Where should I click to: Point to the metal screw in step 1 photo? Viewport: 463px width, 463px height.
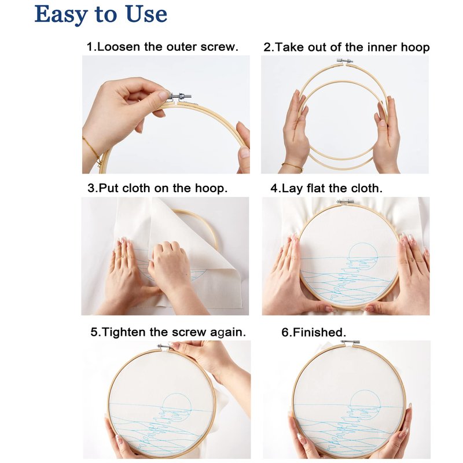[180, 96]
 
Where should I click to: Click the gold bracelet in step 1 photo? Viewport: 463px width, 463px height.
[92, 152]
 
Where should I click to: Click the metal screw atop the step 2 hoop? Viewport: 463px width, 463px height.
[345, 61]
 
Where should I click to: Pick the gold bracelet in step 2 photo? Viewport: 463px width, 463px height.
[292, 166]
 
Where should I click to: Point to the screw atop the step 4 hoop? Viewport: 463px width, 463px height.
[345, 202]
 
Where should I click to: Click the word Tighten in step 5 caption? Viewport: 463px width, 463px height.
[124, 332]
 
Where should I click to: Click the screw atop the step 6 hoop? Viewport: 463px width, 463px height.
[350, 342]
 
